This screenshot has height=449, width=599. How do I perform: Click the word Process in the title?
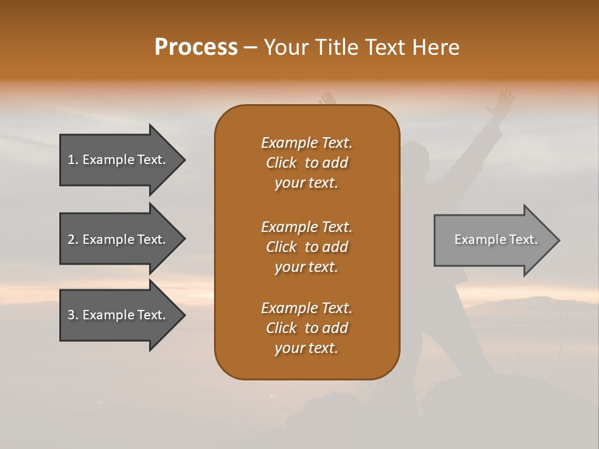pyautogui.click(x=196, y=47)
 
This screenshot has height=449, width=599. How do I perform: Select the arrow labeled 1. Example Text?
pyautogui.click(x=119, y=160)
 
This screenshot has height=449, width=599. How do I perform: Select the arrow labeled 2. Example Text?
pyautogui.click(x=119, y=239)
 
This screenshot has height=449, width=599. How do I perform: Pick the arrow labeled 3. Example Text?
pyautogui.click(x=119, y=315)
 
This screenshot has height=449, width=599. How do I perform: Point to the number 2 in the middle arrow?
pyautogui.click(x=72, y=239)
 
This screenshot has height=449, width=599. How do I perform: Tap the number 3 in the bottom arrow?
pyautogui.click(x=72, y=315)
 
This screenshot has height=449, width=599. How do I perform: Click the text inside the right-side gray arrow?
pyautogui.click(x=495, y=239)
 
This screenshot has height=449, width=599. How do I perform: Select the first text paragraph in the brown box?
pyautogui.click(x=306, y=163)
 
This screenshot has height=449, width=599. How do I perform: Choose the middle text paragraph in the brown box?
pyautogui.click(x=306, y=247)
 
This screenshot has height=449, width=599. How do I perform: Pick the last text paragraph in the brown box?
pyautogui.click(x=306, y=328)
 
